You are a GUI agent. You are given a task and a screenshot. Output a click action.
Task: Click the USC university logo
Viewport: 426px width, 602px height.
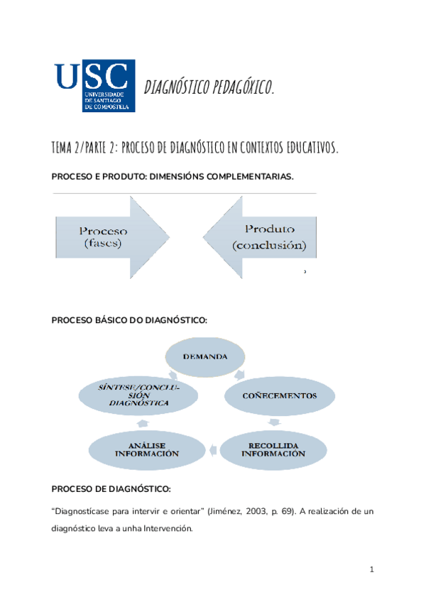point(95,86)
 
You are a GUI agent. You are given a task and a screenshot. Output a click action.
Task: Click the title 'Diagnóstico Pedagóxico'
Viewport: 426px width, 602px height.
point(209,88)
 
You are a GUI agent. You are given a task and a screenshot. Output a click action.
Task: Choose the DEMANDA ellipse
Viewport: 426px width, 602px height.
point(205,356)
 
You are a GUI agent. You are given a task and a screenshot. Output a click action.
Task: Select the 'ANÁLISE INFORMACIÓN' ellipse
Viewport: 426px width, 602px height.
point(144,449)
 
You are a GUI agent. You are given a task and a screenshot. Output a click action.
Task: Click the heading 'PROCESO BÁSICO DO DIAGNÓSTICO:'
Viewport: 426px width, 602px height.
point(129,321)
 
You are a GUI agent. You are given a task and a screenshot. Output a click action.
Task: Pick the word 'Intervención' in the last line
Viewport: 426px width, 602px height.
point(165,530)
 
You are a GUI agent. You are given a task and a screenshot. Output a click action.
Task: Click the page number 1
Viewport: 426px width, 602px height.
point(371,569)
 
